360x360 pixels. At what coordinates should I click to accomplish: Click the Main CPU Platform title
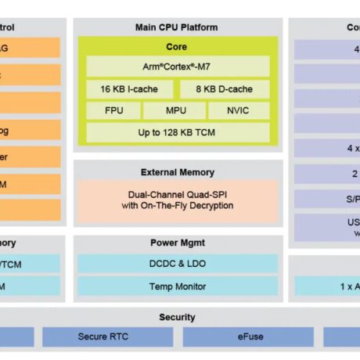[x=177, y=27]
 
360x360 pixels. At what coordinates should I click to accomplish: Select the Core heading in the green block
[x=177, y=47]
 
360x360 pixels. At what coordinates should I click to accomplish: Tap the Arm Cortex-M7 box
[x=177, y=67]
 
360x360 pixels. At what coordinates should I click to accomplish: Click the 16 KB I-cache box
[x=125, y=89]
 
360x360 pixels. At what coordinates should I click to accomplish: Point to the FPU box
[x=114, y=111]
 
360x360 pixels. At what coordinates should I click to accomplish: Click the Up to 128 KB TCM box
[x=177, y=133]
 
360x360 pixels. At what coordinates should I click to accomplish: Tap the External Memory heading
[x=177, y=172]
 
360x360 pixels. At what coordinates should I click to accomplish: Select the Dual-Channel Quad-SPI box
[x=177, y=200]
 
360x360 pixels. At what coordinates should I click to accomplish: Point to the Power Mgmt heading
[x=177, y=243]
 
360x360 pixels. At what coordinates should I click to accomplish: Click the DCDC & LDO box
[x=177, y=265]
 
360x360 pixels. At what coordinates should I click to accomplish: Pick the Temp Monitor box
[x=177, y=286]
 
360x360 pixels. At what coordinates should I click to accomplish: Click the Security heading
[x=177, y=318]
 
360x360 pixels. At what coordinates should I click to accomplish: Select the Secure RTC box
[x=107, y=337]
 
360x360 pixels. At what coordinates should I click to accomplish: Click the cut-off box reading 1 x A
[x=327, y=286]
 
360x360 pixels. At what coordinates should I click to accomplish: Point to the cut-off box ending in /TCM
[x=30, y=265]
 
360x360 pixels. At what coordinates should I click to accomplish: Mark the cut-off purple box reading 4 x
[x=327, y=148]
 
